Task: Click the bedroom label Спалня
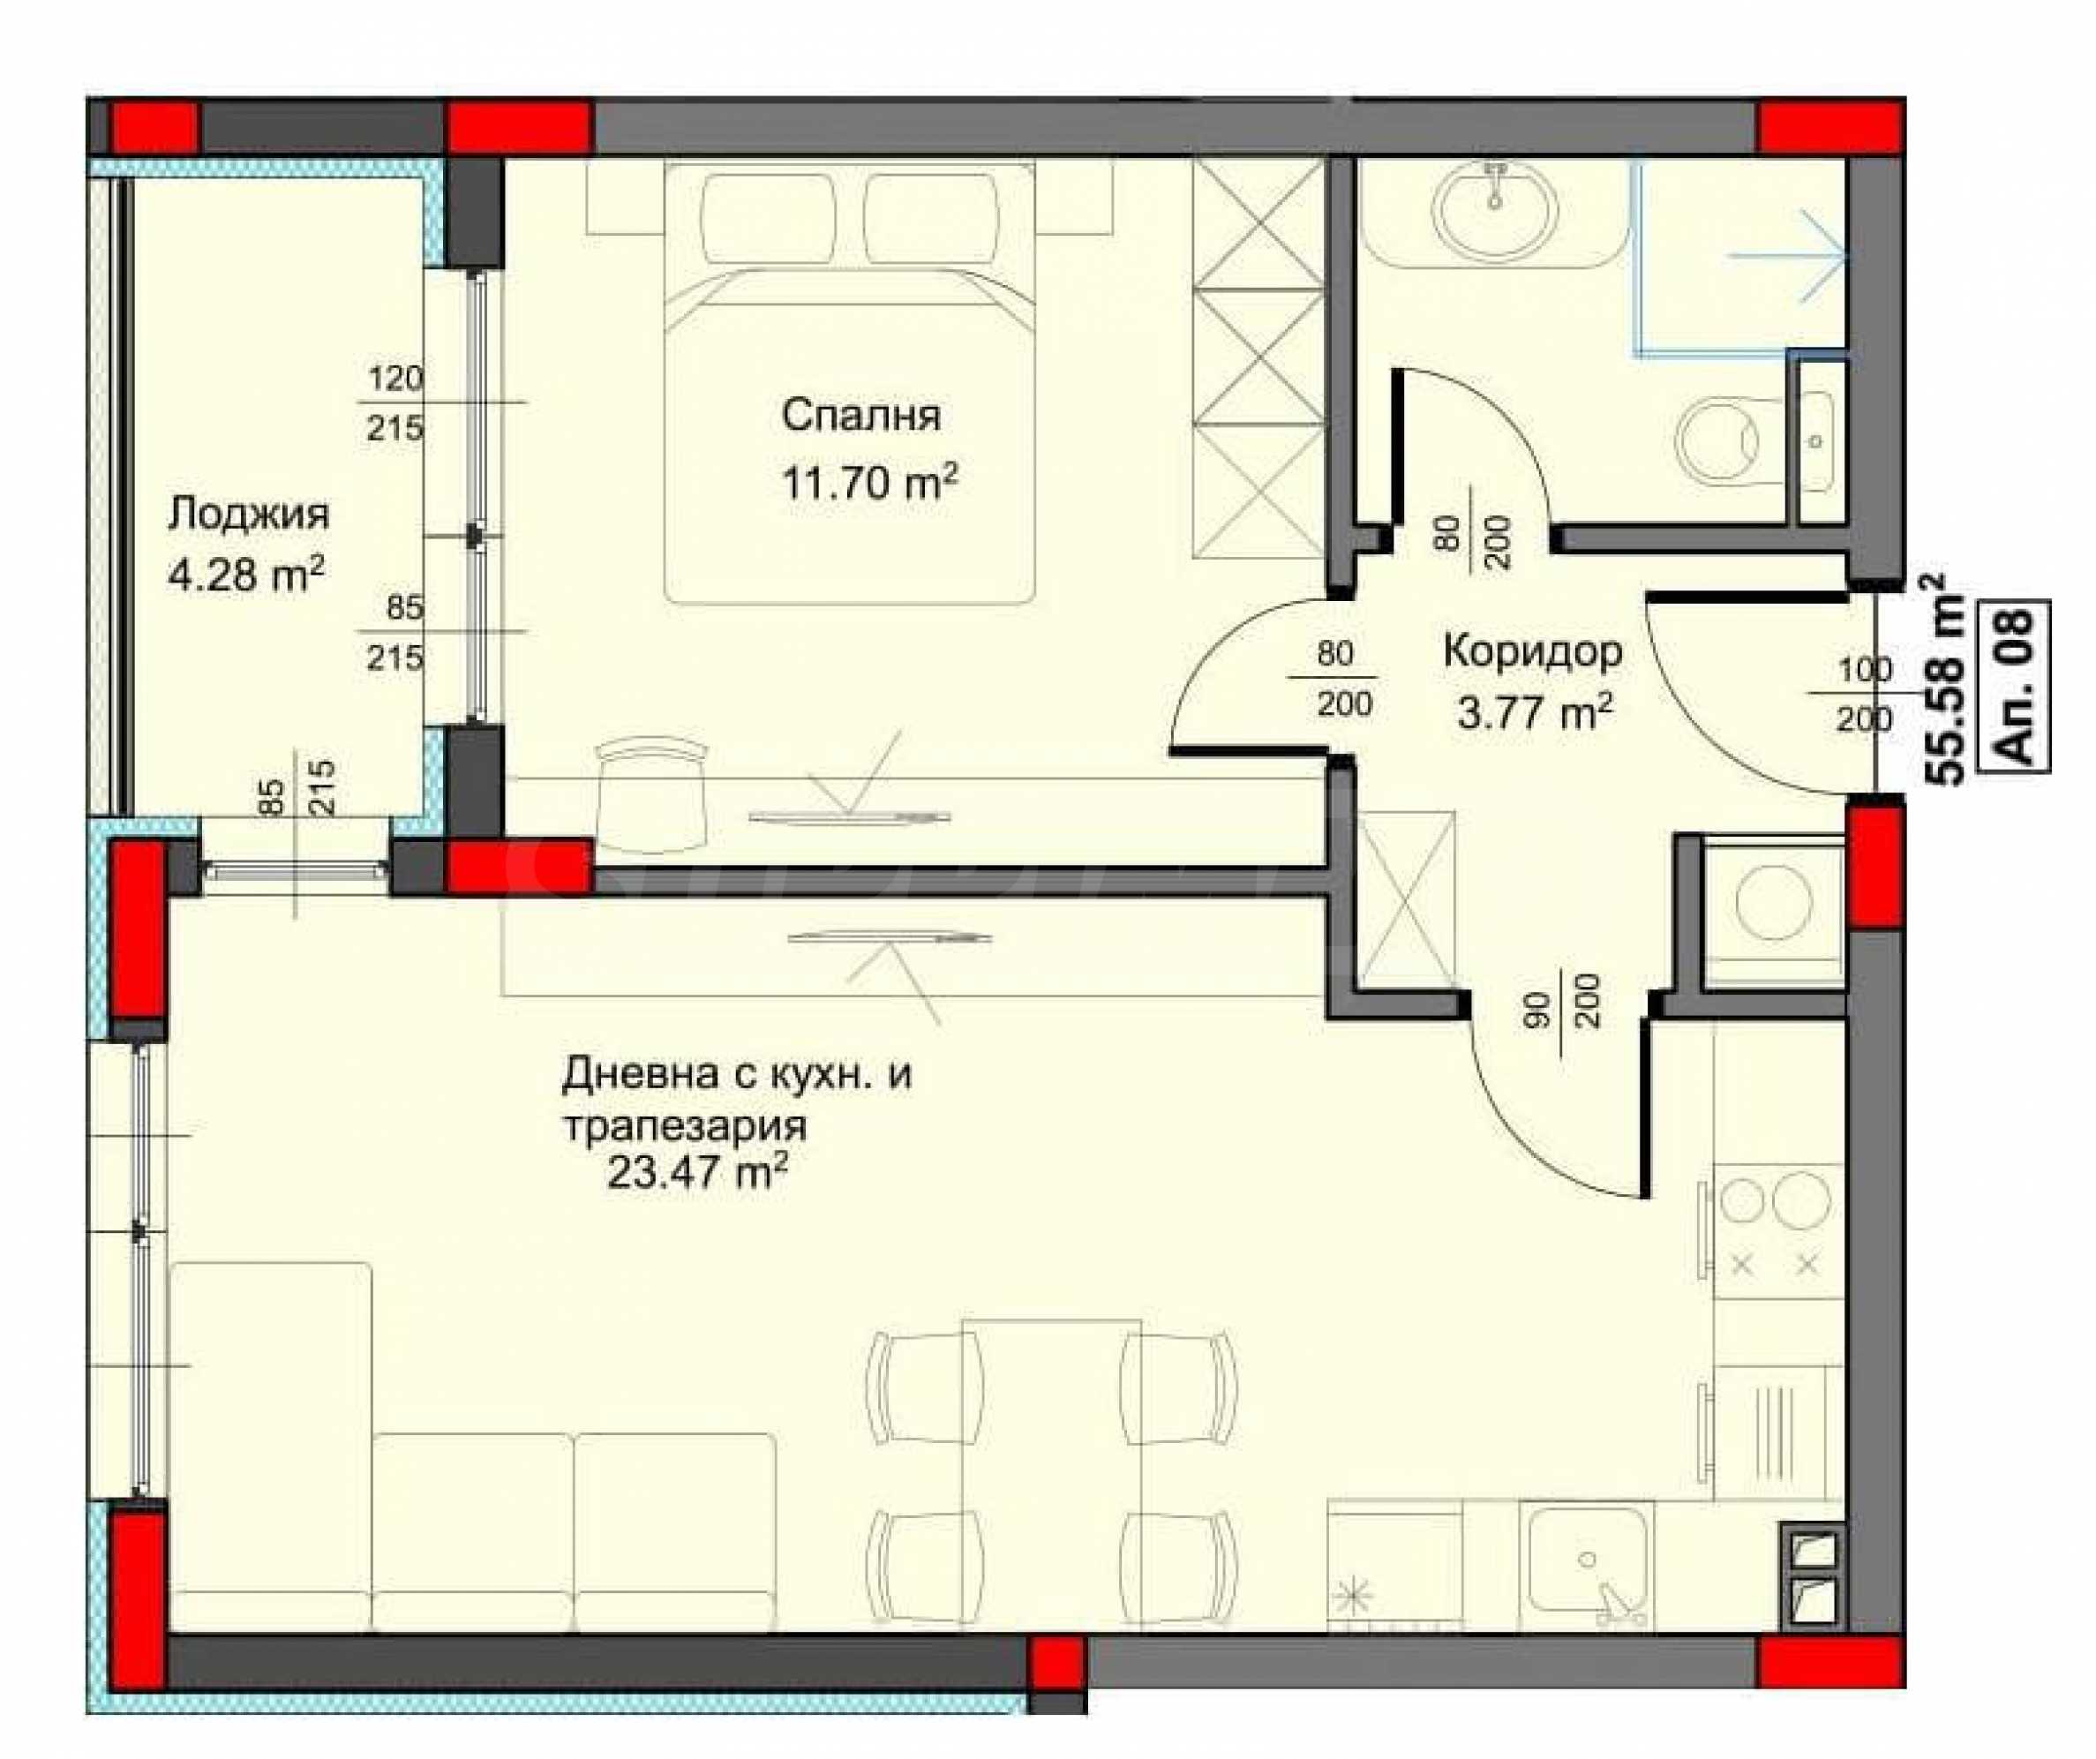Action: click(860, 416)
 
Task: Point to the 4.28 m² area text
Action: click(245, 575)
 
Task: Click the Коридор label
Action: click(1533, 652)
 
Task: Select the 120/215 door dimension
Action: click(395, 403)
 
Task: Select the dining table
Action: click(1051, 1475)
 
